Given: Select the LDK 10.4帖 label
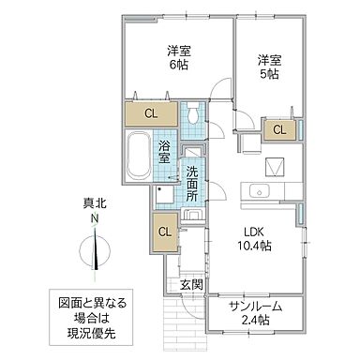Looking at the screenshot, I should (252, 239).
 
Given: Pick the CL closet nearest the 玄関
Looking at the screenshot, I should (163, 231).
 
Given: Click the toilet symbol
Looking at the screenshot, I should (191, 115).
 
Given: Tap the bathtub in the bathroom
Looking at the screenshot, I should (138, 153).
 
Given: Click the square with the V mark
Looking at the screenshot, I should (275, 167).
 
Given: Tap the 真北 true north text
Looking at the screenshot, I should (94, 203).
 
